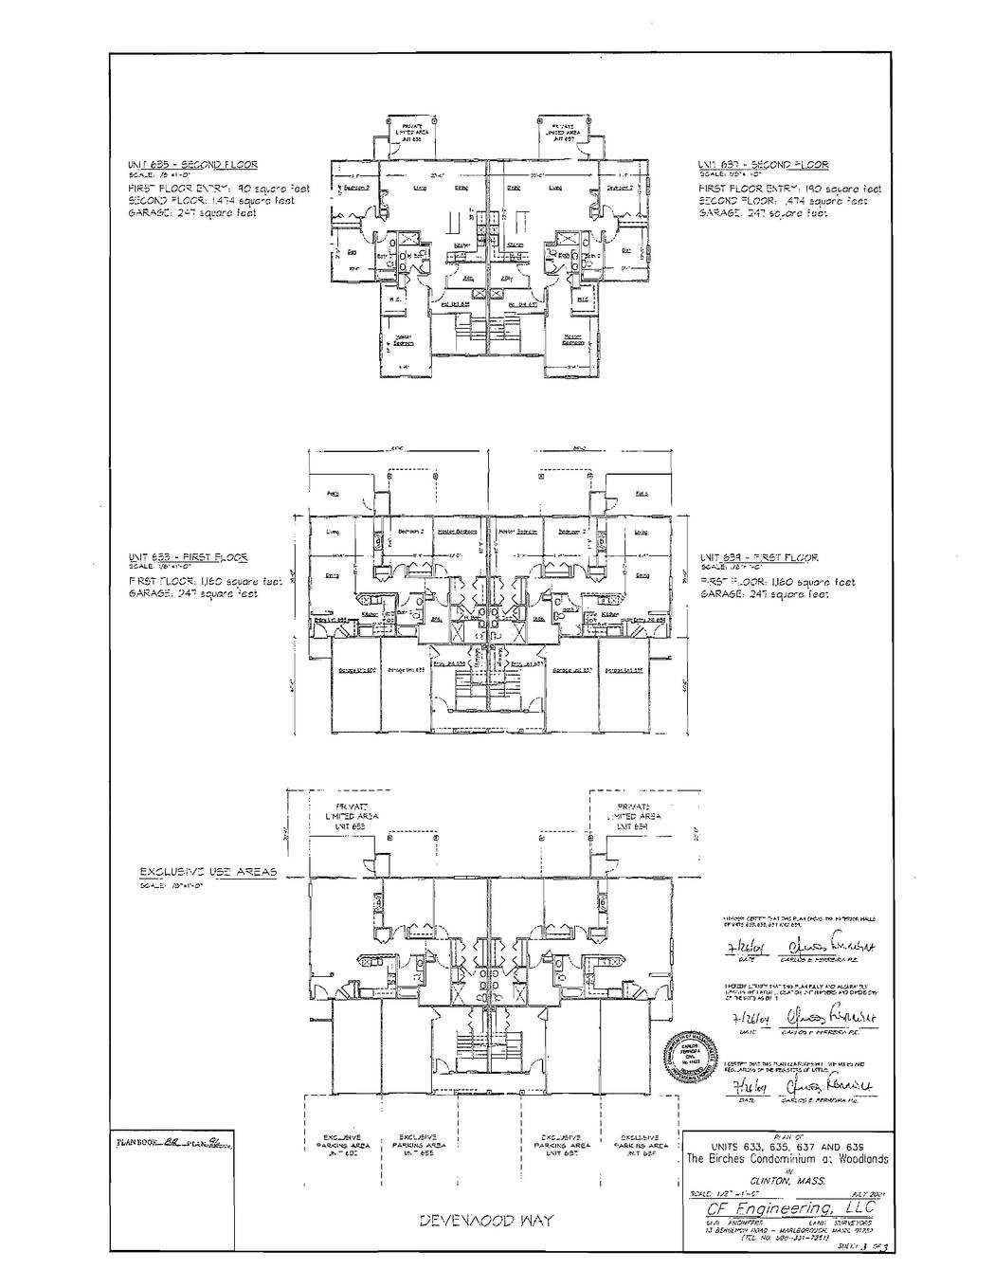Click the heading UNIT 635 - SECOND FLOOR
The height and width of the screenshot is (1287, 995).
[x=192, y=165]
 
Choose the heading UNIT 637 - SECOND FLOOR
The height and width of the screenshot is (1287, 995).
[x=763, y=165]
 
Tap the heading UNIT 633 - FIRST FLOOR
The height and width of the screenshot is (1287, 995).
[x=189, y=557]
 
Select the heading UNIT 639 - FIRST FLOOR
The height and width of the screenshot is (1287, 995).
[x=758, y=558]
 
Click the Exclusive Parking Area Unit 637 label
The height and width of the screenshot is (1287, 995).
[x=567, y=1146]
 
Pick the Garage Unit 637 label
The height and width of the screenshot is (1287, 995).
[x=571, y=670]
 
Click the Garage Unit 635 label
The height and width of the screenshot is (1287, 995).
[x=404, y=670]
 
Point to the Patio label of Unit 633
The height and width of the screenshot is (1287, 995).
[x=334, y=495]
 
